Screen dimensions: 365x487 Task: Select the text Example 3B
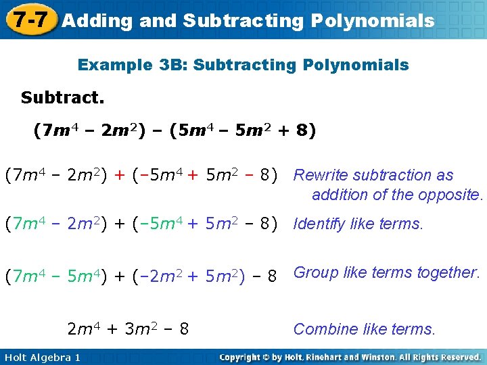tap(131, 66)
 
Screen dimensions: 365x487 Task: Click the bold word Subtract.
tap(63, 98)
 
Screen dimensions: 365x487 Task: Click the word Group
tap(316, 272)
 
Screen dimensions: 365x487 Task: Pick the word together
tap(448, 272)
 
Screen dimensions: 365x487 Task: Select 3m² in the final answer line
tap(139, 329)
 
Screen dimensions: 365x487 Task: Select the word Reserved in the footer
tap(458, 357)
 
